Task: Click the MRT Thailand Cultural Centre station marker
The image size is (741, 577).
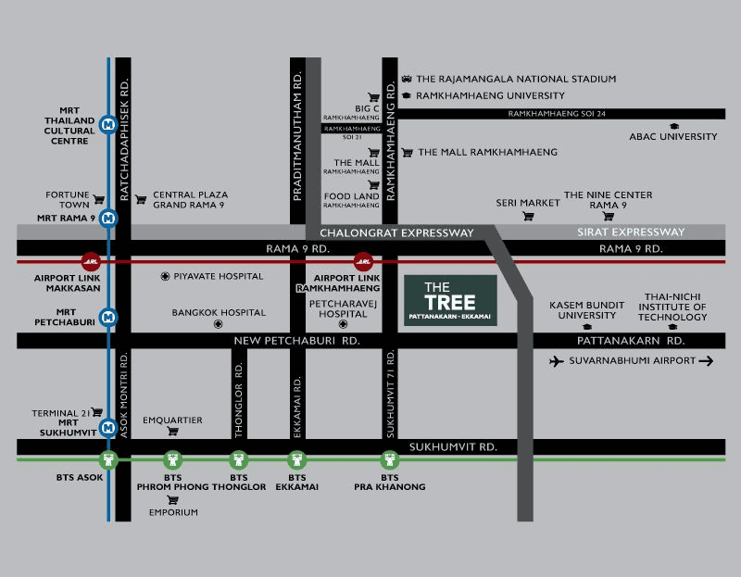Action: (108, 125)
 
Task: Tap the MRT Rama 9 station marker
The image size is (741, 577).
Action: (108, 219)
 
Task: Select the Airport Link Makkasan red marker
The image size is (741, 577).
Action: (91, 261)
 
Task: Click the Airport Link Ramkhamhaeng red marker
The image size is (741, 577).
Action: (363, 261)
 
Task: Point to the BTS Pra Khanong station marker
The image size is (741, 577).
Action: (389, 459)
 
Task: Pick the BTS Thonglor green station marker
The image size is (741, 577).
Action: (239, 459)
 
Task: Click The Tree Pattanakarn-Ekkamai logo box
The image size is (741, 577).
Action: (450, 301)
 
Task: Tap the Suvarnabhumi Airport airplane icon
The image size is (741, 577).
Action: (557, 361)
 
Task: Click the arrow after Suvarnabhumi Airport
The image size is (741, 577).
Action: (706, 361)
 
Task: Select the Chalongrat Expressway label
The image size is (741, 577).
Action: (396, 233)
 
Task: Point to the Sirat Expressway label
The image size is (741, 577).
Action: (631, 232)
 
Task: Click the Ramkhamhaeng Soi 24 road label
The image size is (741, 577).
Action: (557, 114)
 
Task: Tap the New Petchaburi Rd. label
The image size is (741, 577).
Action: (296, 341)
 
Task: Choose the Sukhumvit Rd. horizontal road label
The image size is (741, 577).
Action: (453, 447)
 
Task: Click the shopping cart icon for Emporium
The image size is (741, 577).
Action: (173, 500)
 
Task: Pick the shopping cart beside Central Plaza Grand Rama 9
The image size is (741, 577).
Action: (141, 200)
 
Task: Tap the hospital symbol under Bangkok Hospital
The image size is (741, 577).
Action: (218, 324)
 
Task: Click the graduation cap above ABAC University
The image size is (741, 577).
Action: (674, 126)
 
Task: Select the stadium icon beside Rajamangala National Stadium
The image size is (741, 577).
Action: (407, 79)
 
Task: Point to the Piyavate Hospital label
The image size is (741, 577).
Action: (219, 276)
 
